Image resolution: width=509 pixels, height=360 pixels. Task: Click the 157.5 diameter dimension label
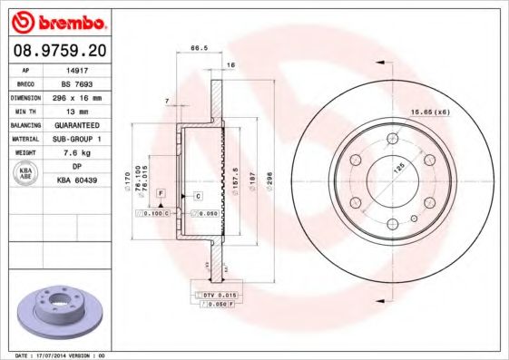pyautogui.click(x=235, y=177)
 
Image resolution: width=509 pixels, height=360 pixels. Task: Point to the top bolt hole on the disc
pyautogui.click(x=393, y=138)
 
